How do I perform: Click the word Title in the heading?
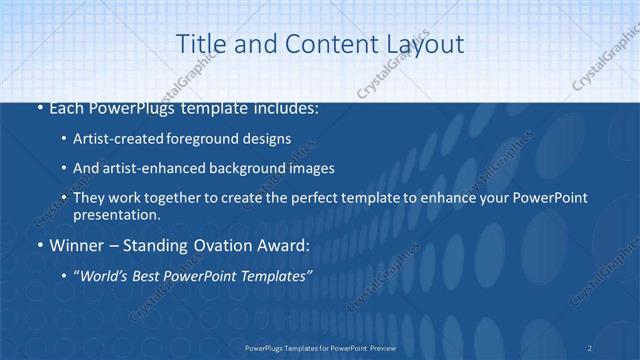tap(200, 44)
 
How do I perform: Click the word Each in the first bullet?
tap(67, 107)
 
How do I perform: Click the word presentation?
tap(115, 214)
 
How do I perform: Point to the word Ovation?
tap(209, 244)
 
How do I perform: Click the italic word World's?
tap(105, 275)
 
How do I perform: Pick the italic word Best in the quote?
tap(151, 275)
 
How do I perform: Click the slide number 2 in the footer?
tap(590, 347)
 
